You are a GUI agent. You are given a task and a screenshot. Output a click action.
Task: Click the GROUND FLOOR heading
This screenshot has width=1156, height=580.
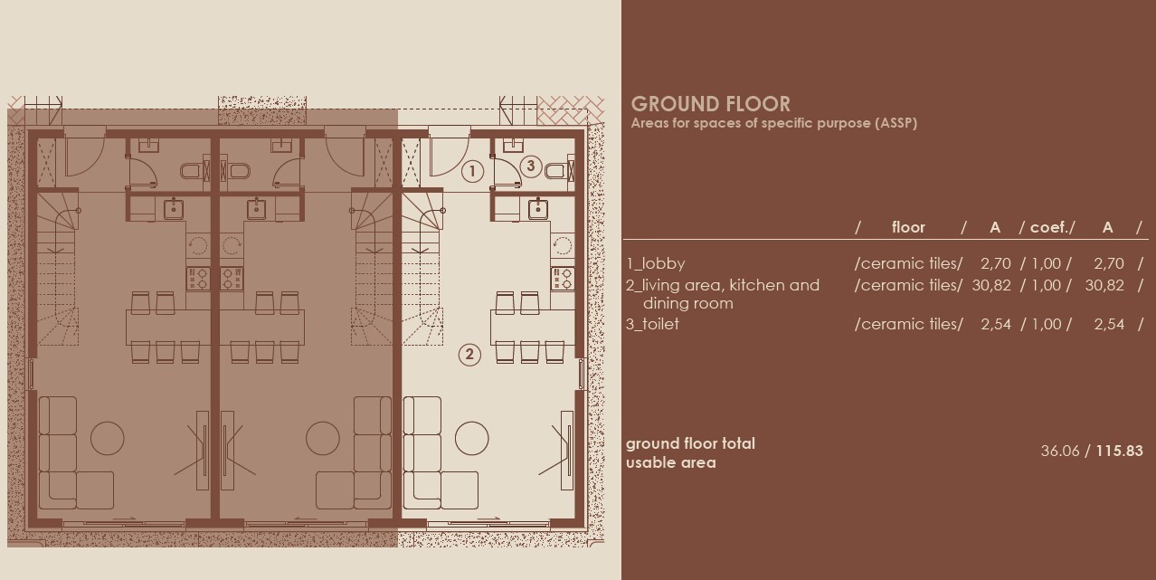tap(710, 104)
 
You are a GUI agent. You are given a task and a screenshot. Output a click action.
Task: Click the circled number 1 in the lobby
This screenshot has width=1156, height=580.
tap(471, 170)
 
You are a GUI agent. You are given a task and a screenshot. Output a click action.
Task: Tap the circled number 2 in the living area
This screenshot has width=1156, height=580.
tap(469, 354)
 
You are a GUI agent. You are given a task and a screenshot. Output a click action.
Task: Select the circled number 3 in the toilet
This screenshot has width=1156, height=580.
tap(531, 166)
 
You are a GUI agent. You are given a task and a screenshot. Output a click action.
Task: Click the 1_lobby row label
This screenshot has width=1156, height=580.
tap(656, 263)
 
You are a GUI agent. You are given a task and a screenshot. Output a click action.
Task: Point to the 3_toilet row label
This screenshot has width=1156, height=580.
tap(652, 324)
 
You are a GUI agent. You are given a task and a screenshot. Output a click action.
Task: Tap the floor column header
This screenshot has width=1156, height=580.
tap(908, 227)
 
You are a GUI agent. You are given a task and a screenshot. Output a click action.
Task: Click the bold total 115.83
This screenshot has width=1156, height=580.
tap(1119, 451)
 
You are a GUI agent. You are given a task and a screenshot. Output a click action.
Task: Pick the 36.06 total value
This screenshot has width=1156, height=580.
tap(1060, 451)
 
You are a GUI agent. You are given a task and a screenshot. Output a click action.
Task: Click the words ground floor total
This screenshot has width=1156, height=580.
tap(690, 443)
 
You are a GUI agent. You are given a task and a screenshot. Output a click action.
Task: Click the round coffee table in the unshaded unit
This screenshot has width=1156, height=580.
tap(471, 438)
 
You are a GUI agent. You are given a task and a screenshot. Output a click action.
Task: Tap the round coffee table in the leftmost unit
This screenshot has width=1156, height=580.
tap(108, 438)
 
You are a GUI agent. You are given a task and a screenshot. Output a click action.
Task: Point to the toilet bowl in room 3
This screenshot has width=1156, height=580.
tap(555, 171)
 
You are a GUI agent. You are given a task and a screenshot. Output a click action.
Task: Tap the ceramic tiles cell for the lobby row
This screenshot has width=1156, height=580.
tap(908, 263)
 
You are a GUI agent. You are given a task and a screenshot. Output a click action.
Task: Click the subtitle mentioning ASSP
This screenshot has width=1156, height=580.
tap(773, 123)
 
